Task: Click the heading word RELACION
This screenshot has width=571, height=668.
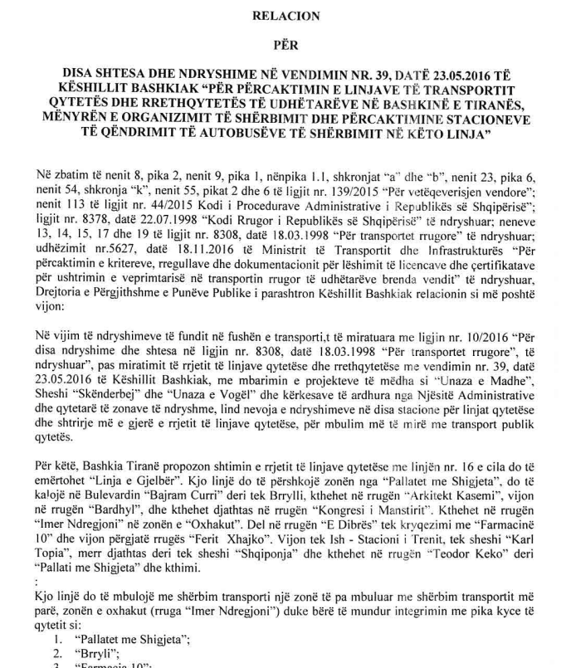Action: coord(285,14)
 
